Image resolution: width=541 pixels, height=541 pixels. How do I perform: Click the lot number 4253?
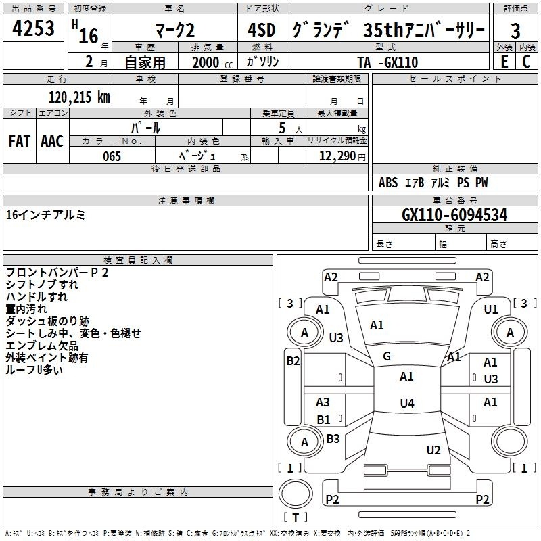33,28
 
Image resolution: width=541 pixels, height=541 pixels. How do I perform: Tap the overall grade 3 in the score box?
515,30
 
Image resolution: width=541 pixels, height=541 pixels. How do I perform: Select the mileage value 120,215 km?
79,97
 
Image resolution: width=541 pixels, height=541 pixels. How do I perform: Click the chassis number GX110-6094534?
454,215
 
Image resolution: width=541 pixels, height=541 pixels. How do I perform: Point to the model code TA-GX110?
387,62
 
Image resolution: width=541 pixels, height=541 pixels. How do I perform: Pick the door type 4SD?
262,30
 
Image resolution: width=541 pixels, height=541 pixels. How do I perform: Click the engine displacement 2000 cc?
212,62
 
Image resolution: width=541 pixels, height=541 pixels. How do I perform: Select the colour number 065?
112,156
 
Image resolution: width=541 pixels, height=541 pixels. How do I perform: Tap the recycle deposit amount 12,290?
337,156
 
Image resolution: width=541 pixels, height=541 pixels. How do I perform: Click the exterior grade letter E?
504,62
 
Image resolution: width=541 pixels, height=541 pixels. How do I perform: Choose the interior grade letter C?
526,62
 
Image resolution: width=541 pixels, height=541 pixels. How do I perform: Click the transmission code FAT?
20,141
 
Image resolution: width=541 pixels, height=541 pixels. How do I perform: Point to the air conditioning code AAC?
52,141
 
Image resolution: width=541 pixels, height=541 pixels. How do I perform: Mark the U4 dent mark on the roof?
407,403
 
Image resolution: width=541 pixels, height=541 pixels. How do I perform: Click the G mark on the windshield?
387,356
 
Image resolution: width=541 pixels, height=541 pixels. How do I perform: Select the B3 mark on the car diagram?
333,438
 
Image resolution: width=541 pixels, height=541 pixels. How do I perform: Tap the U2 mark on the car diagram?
433,450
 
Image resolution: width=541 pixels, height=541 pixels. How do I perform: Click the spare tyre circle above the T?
296,493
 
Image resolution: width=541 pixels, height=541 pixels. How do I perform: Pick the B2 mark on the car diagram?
293,361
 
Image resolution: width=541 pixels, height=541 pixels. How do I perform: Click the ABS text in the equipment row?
388,183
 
